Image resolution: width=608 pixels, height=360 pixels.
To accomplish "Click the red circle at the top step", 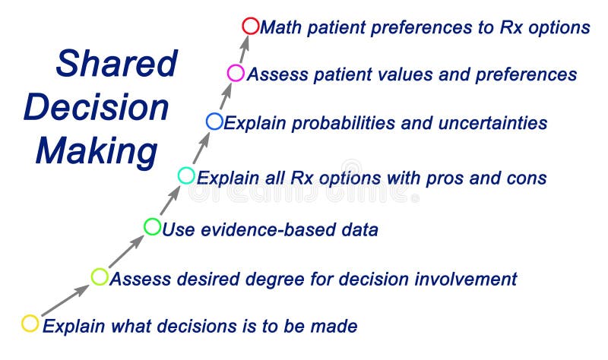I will [x=251, y=27].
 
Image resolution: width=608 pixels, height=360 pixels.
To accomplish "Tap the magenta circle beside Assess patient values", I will [x=236, y=74].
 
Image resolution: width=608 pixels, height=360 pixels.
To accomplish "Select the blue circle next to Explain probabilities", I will [x=214, y=122].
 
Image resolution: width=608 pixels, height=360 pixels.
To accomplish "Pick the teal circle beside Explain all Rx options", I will [x=186, y=176].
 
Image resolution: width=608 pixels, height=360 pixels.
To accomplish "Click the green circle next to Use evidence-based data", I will [x=152, y=226].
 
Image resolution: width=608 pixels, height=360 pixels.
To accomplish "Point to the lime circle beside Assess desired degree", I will [x=100, y=276].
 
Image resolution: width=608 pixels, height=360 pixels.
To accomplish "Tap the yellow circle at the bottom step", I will [x=30, y=324].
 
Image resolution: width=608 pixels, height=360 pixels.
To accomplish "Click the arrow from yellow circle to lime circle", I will [x=65, y=300].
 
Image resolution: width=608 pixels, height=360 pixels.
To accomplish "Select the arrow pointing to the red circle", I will [x=244, y=49].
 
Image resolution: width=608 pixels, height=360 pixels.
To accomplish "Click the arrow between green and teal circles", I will [x=169, y=201].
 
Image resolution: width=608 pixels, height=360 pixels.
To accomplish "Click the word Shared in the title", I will [x=116, y=64].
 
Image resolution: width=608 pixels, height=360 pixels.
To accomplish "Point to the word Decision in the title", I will [x=96, y=107].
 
